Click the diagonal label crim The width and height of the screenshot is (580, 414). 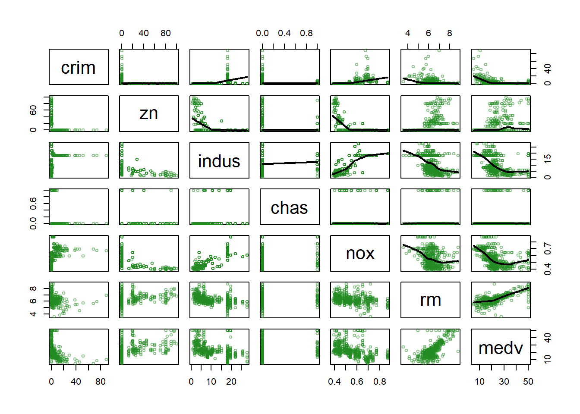[x=78, y=68]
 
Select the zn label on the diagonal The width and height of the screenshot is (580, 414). [x=148, y=113]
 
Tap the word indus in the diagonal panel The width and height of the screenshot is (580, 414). [x=219, y=161]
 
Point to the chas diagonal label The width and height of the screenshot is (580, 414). [x=289, y=208]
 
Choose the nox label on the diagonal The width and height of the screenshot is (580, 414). [x=360, y=254]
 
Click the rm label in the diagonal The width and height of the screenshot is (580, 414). [x=430, y=300]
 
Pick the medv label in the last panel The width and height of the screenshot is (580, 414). [x=501, y=348]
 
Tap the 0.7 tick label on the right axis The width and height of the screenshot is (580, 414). [x=547, y=248]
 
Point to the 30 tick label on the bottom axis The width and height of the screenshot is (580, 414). [x=504, y=382]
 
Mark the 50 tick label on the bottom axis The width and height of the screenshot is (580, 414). [x=528, y=382]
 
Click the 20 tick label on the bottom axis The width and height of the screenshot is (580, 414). [x=231, y=382]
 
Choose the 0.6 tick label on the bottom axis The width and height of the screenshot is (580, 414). [x=357, y=382]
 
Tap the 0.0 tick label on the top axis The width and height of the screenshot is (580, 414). [x=262, y=33]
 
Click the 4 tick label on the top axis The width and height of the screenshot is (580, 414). [x=408, y=33]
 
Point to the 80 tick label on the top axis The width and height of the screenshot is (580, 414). [x=166, y=33]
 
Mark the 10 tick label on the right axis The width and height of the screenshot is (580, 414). [x=547, y=358]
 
